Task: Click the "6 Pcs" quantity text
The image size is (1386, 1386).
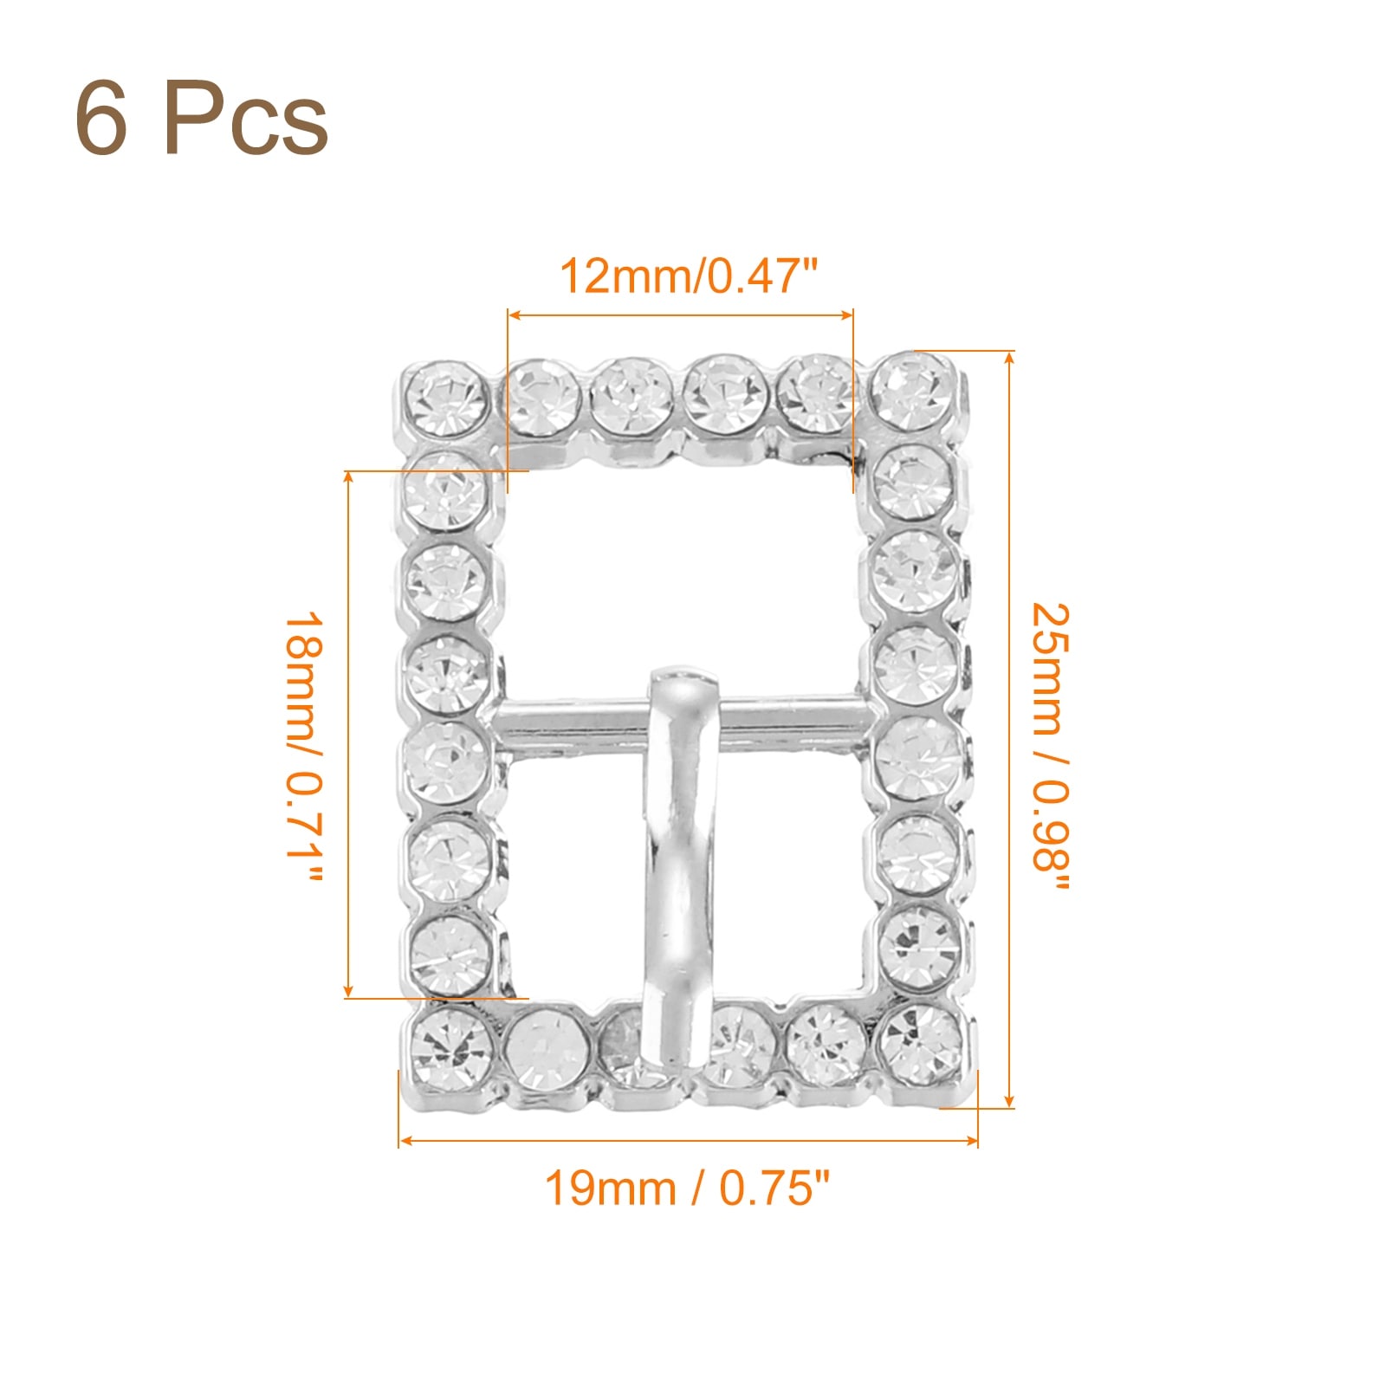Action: pos(202,119)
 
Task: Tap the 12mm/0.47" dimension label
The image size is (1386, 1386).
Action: pos(689,276)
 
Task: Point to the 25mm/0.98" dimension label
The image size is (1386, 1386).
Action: pos(1051,748)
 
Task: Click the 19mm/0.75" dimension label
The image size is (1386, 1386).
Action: pos(688,1188)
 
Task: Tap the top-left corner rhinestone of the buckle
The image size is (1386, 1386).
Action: pos(446,399)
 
